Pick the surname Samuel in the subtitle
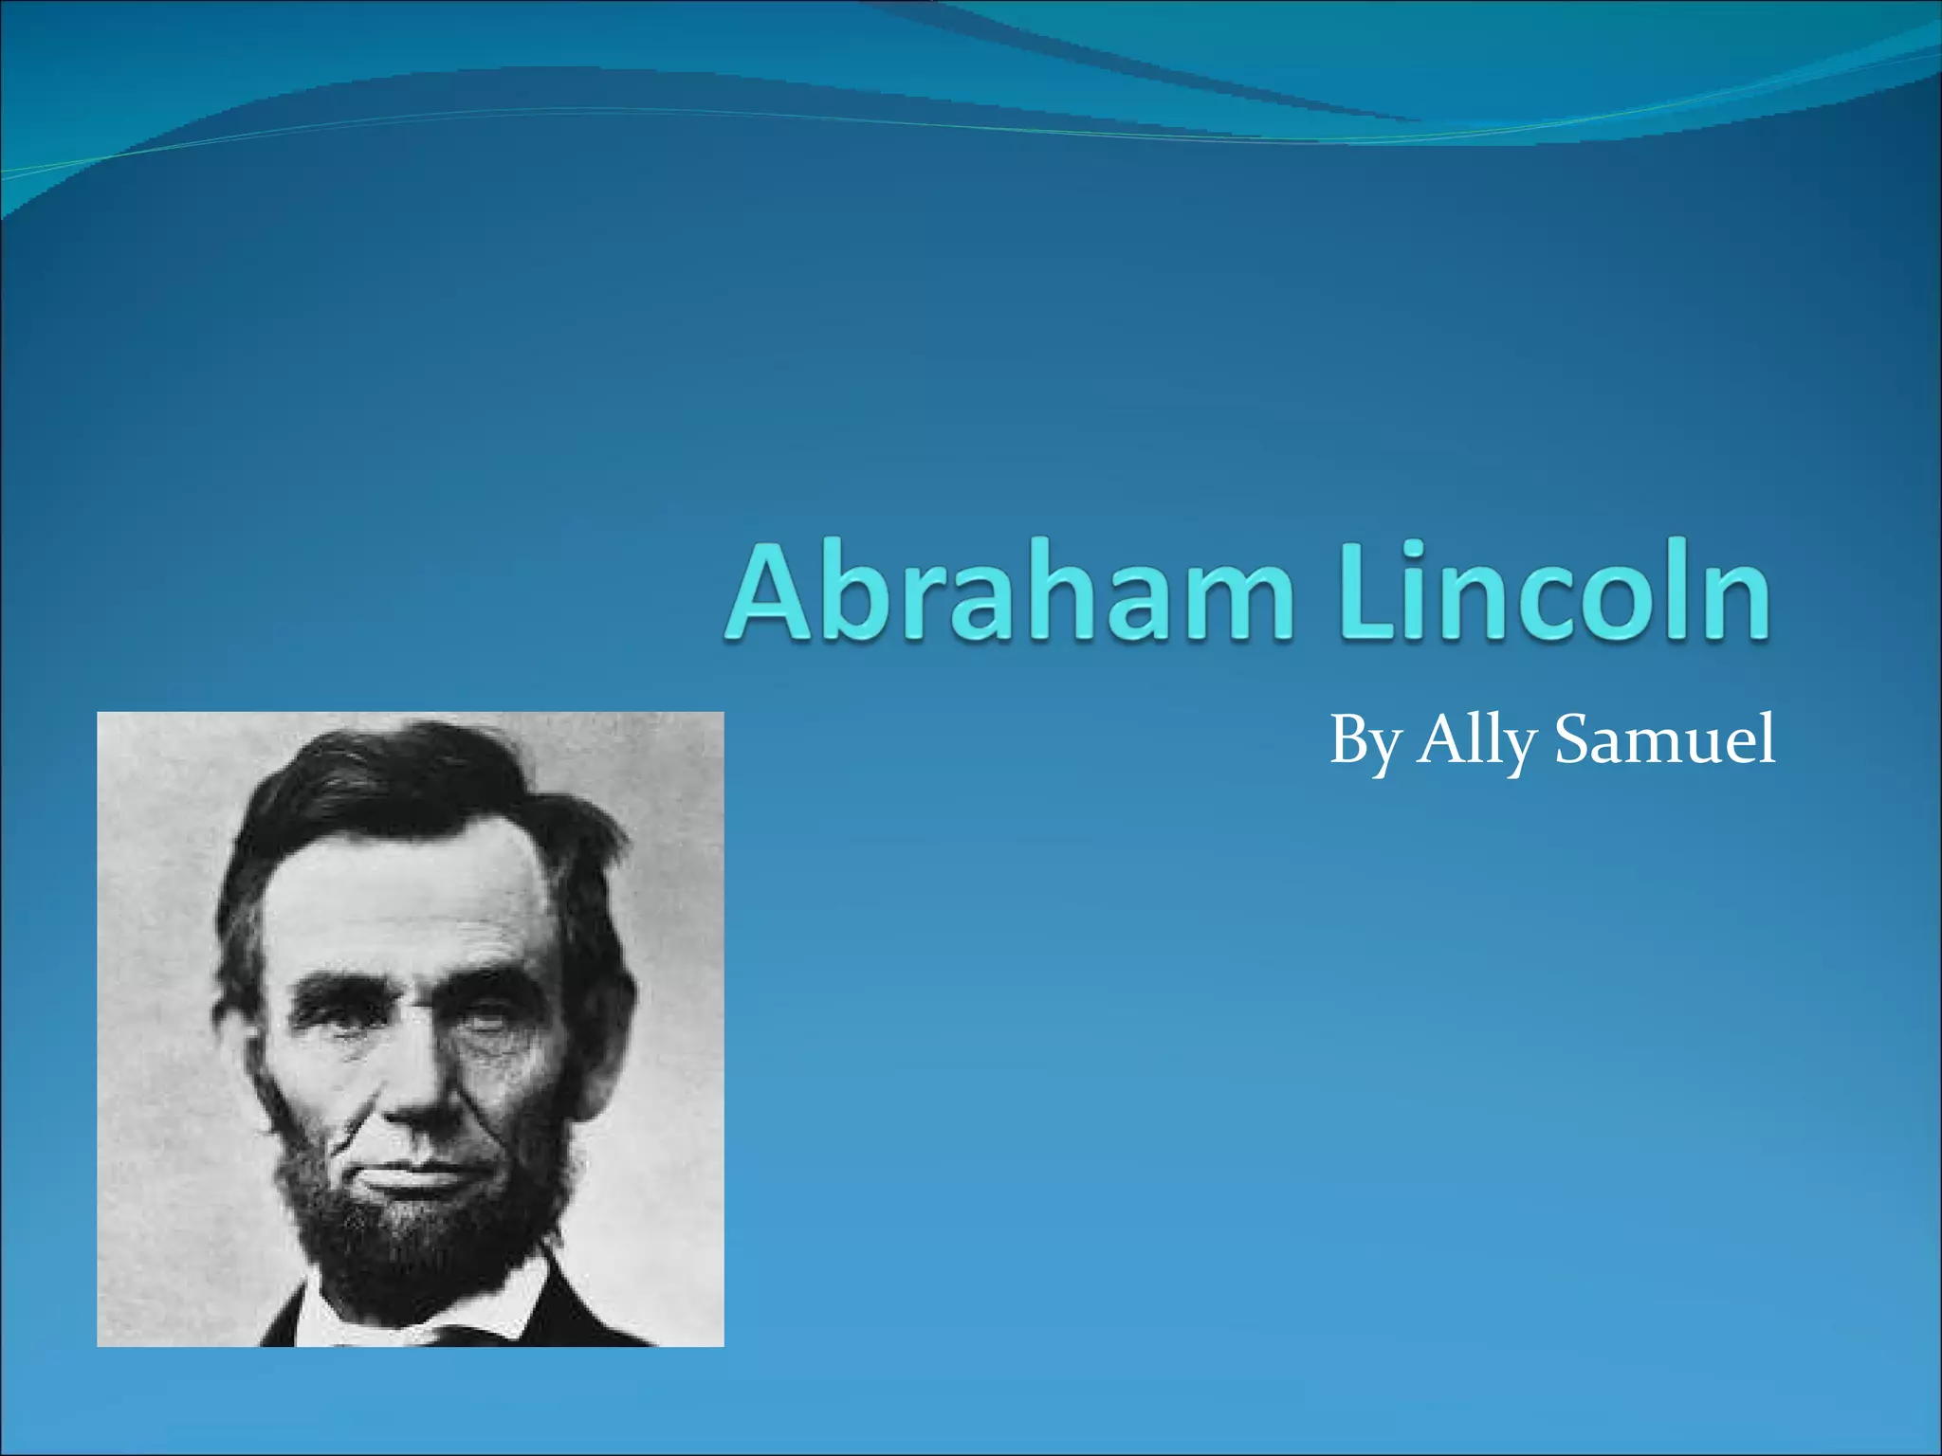1664,740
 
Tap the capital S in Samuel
1575,740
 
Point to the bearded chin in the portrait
417,1251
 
